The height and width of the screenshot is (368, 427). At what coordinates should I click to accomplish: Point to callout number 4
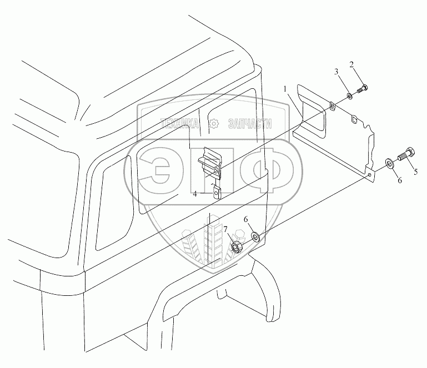pyautogui.click(x=195, y=194)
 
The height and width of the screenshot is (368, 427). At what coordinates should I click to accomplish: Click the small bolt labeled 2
pyautogui.click(x=363, y=88)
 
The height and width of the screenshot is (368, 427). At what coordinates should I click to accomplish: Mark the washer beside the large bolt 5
pyautogui.click(x=389, y=162)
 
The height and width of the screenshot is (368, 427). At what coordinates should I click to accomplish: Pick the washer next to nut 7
pyautogui.click(x=255, y=236)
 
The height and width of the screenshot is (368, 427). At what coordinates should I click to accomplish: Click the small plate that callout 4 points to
pyautogui.click(x=217, y=192)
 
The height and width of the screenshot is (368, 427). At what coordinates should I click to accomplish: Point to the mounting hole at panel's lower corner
pyautogui.click(x=369, y=175)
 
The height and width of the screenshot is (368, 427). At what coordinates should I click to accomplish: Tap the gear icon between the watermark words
pyautogui.click(x=213, y=125)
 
